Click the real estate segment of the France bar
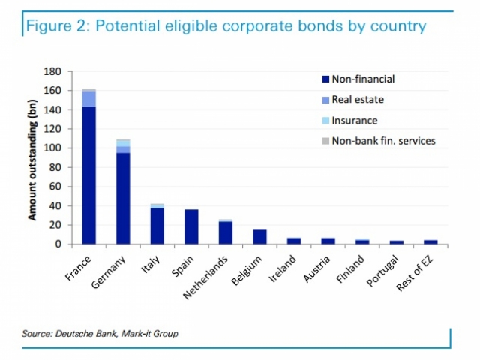coord(88,99)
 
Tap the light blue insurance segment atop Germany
coord(123,142)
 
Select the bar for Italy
coord(157,225)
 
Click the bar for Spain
coord(191,226)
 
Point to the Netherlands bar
coord(225,232)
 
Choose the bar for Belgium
coord(259,236)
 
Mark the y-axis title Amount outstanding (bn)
coord(32,157)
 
